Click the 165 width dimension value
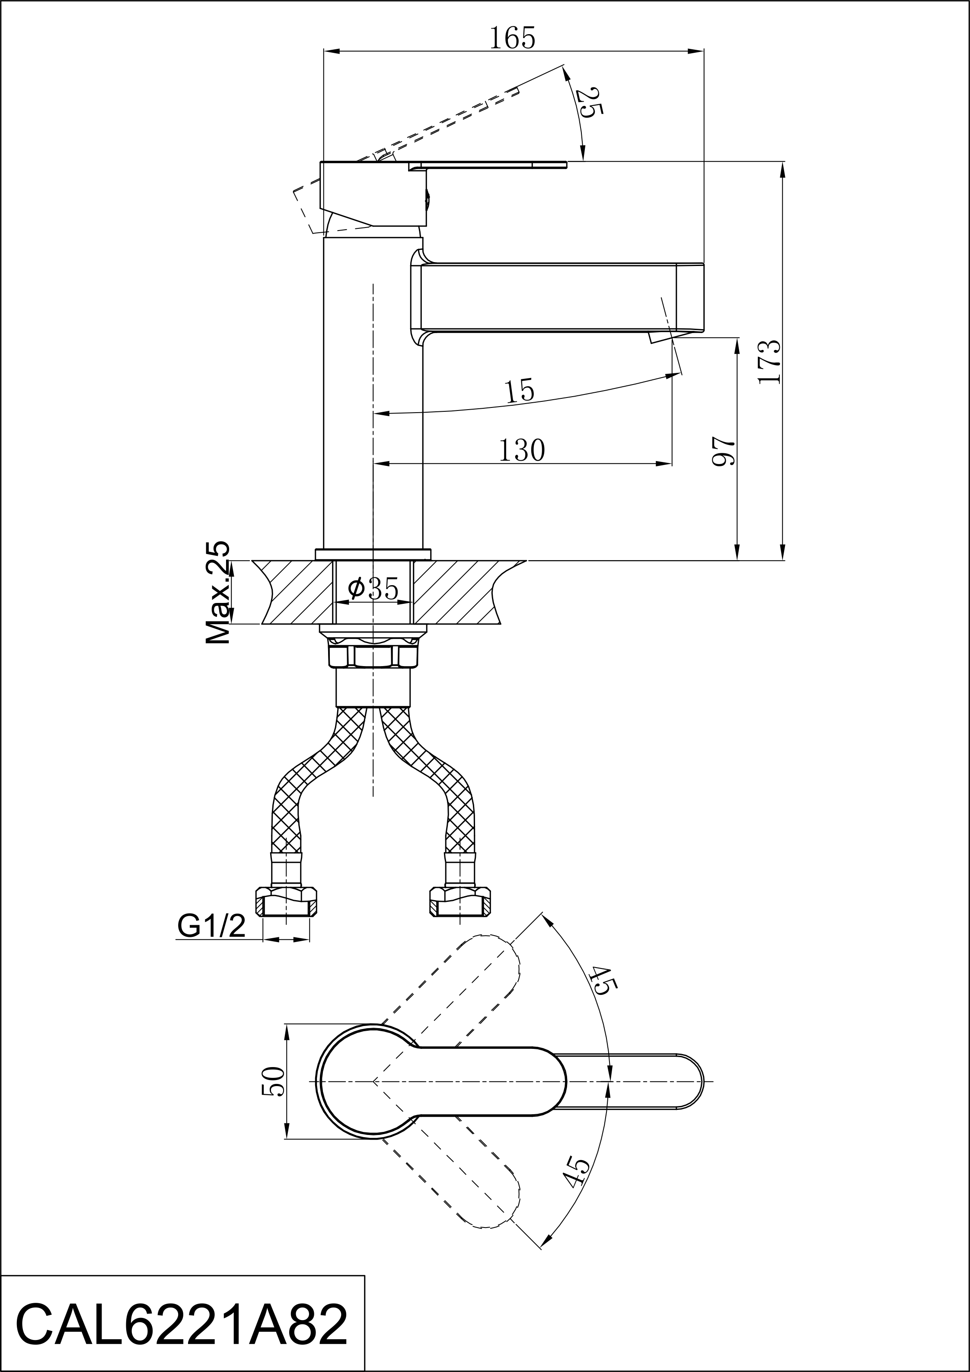point(513,38)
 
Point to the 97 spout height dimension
point(723,451)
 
